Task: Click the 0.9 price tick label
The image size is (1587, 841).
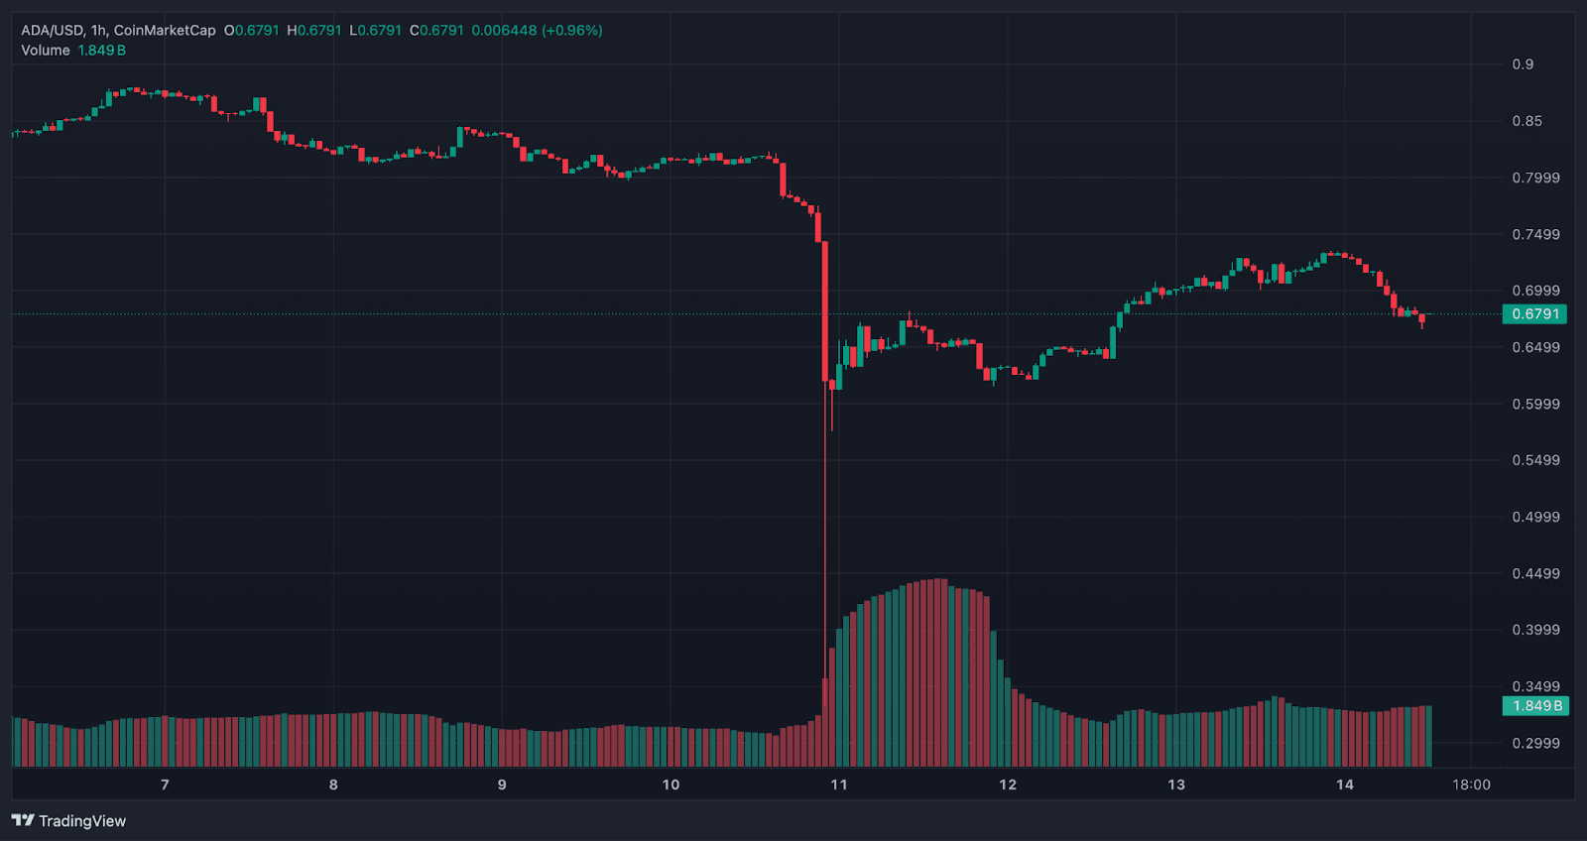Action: point(1523,64)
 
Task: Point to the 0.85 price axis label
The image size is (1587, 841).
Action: point(1526,121)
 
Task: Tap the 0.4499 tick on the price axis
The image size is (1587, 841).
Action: point(1535,573)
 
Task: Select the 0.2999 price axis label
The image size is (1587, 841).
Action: point(1535,743)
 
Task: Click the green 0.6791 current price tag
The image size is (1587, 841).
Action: point(1534,314)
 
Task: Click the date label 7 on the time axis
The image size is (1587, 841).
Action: point(165,784)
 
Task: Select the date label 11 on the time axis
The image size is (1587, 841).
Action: point(839,784)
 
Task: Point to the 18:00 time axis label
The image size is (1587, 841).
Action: point(1471,784)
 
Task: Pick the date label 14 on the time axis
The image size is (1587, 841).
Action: point(1344,784)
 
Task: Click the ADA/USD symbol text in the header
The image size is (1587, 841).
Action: point(52,31)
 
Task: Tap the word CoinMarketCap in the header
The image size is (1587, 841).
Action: point(165,31)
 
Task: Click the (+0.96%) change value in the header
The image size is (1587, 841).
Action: point(571,31)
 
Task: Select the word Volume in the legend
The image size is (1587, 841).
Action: point(46,51)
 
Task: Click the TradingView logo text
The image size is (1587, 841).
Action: point(81,821)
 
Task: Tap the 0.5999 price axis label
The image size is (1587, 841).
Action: point(1535,404)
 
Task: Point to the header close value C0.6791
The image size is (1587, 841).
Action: point(436,31)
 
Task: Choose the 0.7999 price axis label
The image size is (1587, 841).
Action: point(1535,178)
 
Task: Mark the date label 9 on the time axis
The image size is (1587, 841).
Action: point(502,784)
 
